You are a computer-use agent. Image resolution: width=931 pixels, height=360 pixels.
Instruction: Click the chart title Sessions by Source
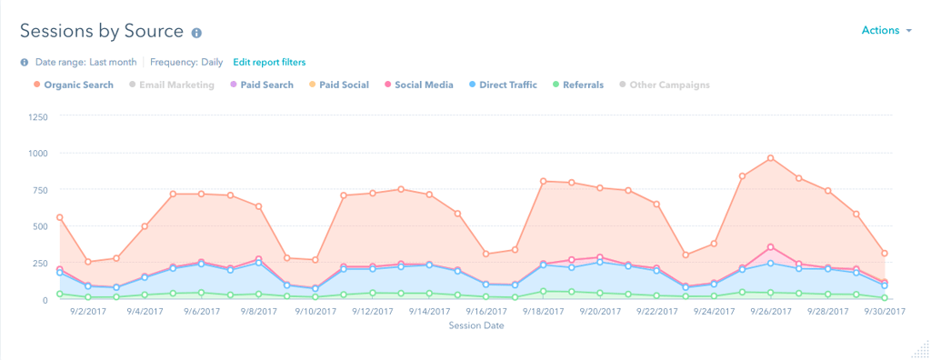(x=102, y=31)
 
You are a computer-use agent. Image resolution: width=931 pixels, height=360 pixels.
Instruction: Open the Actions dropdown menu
(x=886, y=31)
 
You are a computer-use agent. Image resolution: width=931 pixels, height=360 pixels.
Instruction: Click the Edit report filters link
(x=269, y=62)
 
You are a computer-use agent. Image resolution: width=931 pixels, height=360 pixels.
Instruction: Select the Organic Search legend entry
(x=78, y=85)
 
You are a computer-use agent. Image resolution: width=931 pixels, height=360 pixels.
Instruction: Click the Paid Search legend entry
(x=267, y=85)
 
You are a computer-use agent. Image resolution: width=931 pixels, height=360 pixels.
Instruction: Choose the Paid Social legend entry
(x=344, y=85)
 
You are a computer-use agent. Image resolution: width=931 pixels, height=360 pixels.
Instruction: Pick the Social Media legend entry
(x=423, y=85)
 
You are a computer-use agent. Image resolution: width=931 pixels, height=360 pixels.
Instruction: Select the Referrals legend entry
(x=582, y=85)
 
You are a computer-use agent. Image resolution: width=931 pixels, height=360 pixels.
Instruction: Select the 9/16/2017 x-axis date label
(x=488, y=312)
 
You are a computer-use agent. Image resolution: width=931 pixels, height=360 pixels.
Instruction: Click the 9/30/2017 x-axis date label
(x=884, y=312)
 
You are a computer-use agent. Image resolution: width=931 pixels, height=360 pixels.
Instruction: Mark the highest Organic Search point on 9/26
(x=770, y=158)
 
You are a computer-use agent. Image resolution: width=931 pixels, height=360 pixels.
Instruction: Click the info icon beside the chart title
(x=195, y=33)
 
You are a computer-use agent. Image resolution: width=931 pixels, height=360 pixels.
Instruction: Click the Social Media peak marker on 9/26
(x=770, y=246)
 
